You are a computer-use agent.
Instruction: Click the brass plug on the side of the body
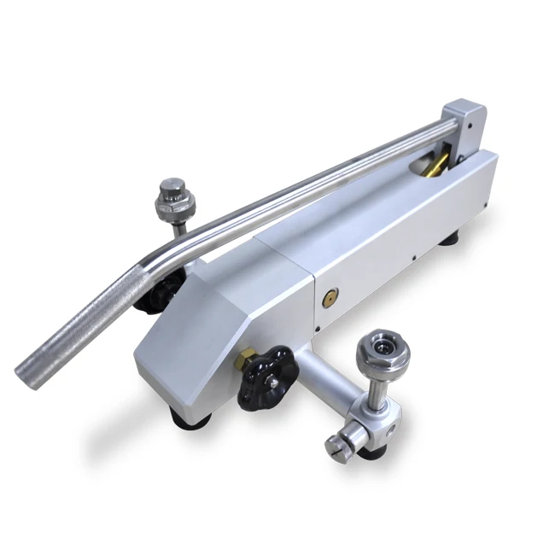point(329,300)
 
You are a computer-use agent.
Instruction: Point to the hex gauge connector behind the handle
point(176,199)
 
